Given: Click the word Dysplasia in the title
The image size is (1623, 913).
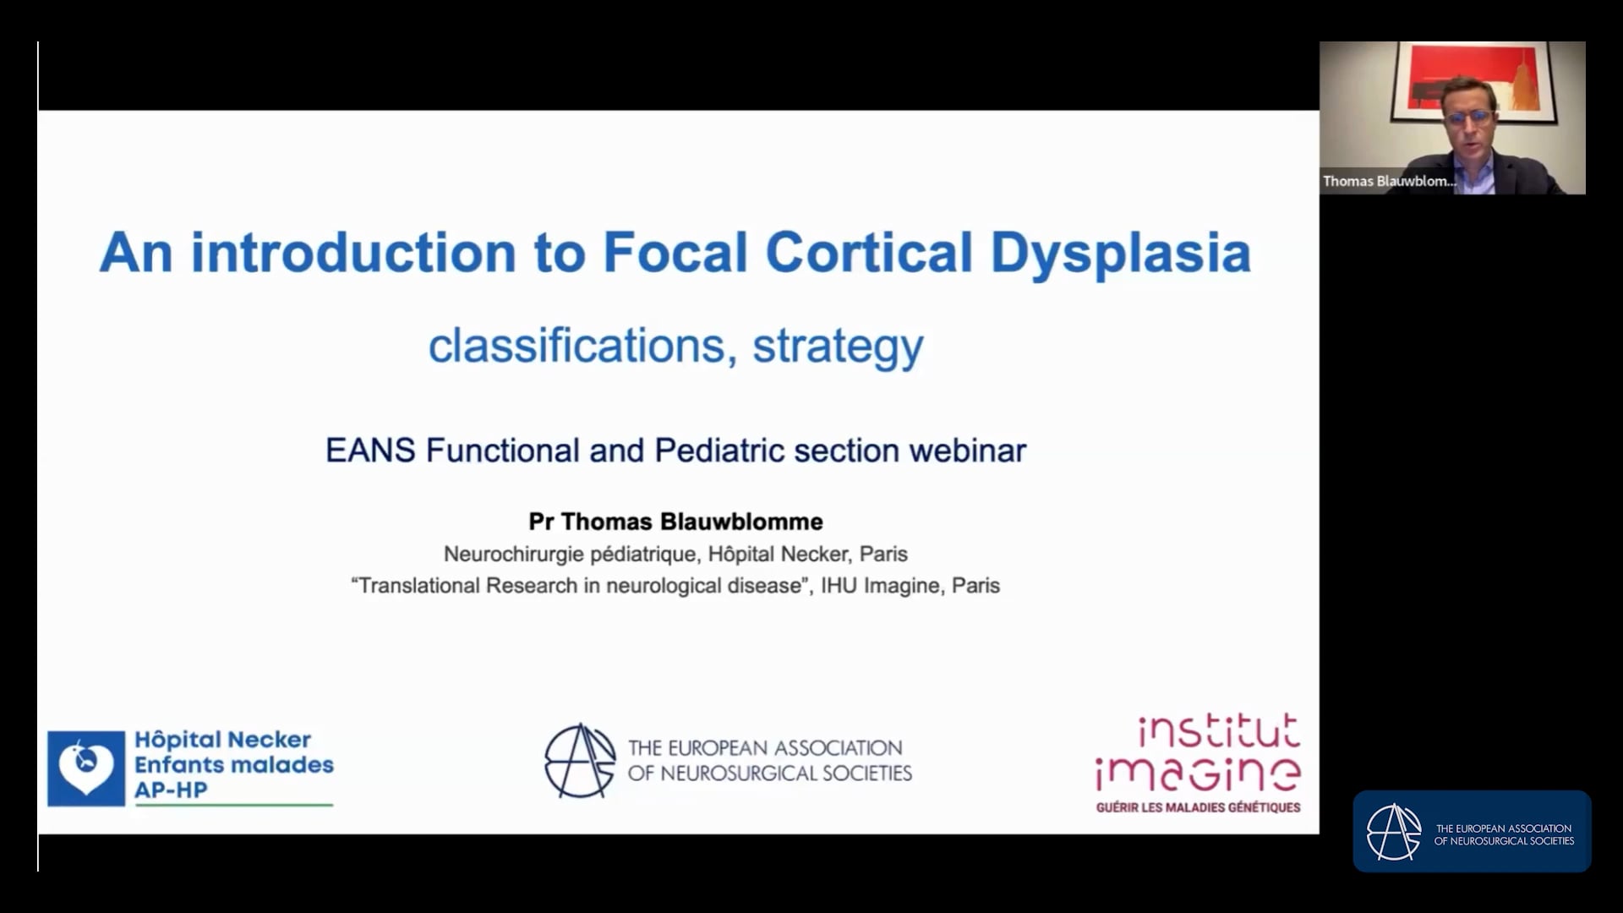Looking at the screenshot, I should pyautogui.click(x=1120, y=254).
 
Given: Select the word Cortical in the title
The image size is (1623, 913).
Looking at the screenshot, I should pyautogui.click(x=868, y=254).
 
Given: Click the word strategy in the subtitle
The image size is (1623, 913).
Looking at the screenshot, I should pyautogui.click(x=838, y=347).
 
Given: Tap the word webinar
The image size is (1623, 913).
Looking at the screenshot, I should pyautogui.click(x=967, y=451).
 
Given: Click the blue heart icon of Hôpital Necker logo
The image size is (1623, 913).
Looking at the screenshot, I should pyautogui.click(x=86, y=768).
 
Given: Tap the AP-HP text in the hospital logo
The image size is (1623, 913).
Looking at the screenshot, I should pyautogui.click(x=171, y=790).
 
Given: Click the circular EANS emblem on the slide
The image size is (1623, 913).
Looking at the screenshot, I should pyautogui.click(x=579, y=761).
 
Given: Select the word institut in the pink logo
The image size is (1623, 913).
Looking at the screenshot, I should pyautogui.click(x=1218, y=731).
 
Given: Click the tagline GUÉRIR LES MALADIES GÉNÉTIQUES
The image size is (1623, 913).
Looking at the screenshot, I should pyautogui.click(x=1198, y=808).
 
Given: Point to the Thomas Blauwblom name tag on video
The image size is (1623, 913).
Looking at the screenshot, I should pyautogui.click(x=1389, y=181).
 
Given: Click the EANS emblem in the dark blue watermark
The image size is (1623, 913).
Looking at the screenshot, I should pyautogui.click(x=1394, y=832).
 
